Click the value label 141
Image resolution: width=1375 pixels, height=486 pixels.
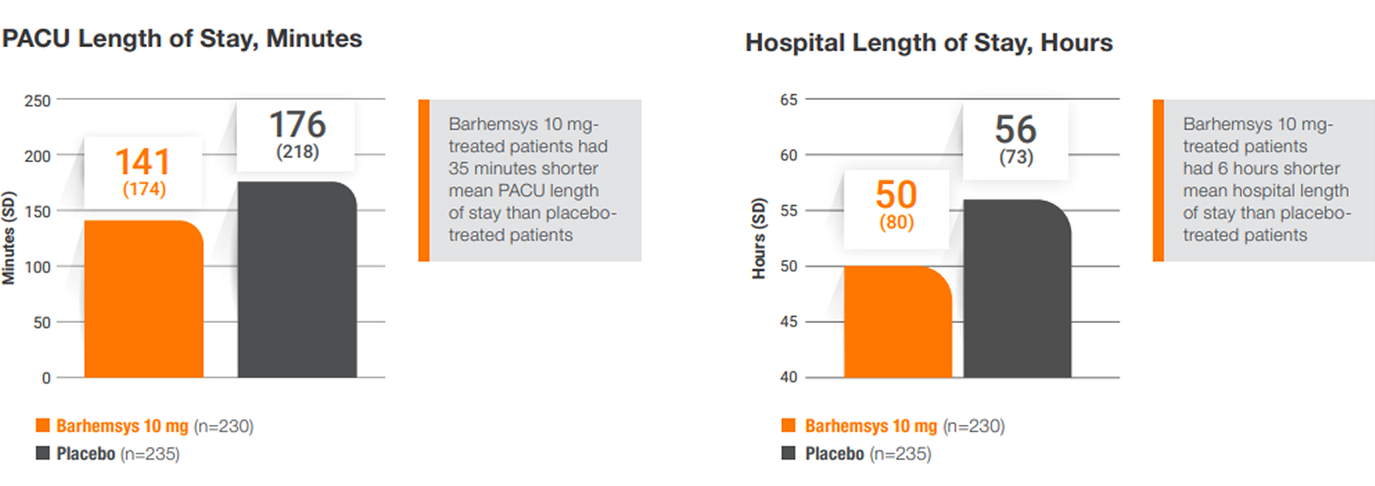click(143, 162)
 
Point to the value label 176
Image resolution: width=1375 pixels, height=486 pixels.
click(298, 125)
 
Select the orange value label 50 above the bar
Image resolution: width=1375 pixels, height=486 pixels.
click(896, 195)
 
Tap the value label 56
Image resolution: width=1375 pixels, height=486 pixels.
click(1015, 129)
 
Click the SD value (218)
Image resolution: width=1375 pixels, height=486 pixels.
click(298, 152)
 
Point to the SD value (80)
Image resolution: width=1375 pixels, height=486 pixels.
click(896, 222)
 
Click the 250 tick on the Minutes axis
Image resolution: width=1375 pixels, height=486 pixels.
click(38, 101)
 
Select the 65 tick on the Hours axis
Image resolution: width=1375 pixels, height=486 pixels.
click(789, 99)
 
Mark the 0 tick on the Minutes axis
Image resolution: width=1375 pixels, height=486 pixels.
click(46, 378)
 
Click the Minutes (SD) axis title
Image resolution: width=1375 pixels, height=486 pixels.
click(9, 238)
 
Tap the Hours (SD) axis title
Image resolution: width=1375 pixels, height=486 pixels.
click(759, 238)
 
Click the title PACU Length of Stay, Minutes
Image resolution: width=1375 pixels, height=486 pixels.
click(182, 38)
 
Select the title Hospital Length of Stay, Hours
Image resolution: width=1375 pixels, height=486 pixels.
click(929, 42)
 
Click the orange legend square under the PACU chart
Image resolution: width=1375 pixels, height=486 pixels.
click(42, 425)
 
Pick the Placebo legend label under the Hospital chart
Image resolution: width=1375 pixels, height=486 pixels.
click(834, 453)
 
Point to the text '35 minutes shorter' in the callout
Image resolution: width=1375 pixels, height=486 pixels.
click(523, 169)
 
